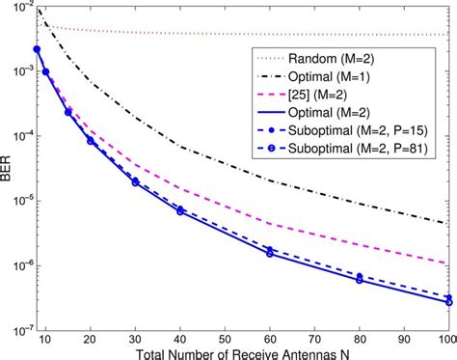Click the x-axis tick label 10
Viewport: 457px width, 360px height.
click(45, 334)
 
